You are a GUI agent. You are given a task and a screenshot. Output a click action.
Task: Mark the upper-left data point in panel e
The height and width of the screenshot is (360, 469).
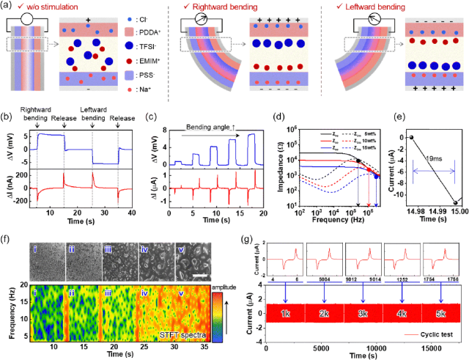click(413, 136)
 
